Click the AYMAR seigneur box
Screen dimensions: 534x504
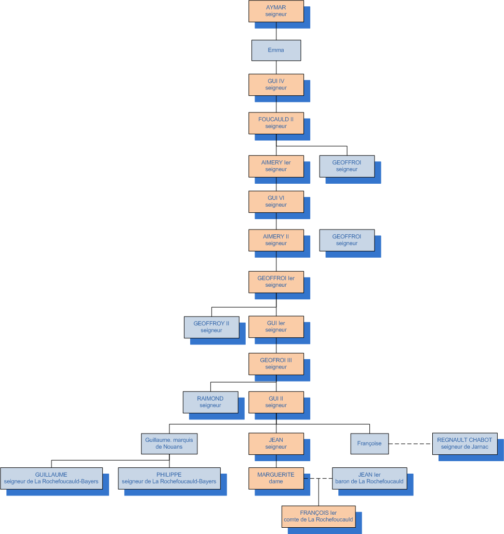point(276,11)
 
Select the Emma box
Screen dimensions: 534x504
point(276,50)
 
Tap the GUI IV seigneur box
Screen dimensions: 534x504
point(276,84)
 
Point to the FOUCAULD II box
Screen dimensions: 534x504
point(276,123)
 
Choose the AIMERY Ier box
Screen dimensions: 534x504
point(276,166)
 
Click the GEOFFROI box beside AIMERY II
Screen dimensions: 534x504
point(347,240)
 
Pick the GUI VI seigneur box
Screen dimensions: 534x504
point(276,201)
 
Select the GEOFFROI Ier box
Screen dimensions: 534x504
point(276,282)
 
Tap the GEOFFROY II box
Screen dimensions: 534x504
point(211,327)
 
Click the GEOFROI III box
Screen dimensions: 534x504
point(276,363)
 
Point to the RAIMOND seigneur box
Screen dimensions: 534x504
point(210,402)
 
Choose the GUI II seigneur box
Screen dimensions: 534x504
point(276,402)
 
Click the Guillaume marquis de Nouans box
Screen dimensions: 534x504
point(169,443)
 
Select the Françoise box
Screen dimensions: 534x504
point(369,443)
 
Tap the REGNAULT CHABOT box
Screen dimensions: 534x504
point(465,443)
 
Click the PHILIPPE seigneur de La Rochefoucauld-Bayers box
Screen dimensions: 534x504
point(169,478)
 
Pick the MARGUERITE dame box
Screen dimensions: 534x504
point(276,478)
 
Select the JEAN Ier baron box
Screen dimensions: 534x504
point(369,478)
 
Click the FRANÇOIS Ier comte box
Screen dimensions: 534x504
point(319,516)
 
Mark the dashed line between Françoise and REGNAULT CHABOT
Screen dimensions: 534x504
point(410,444)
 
